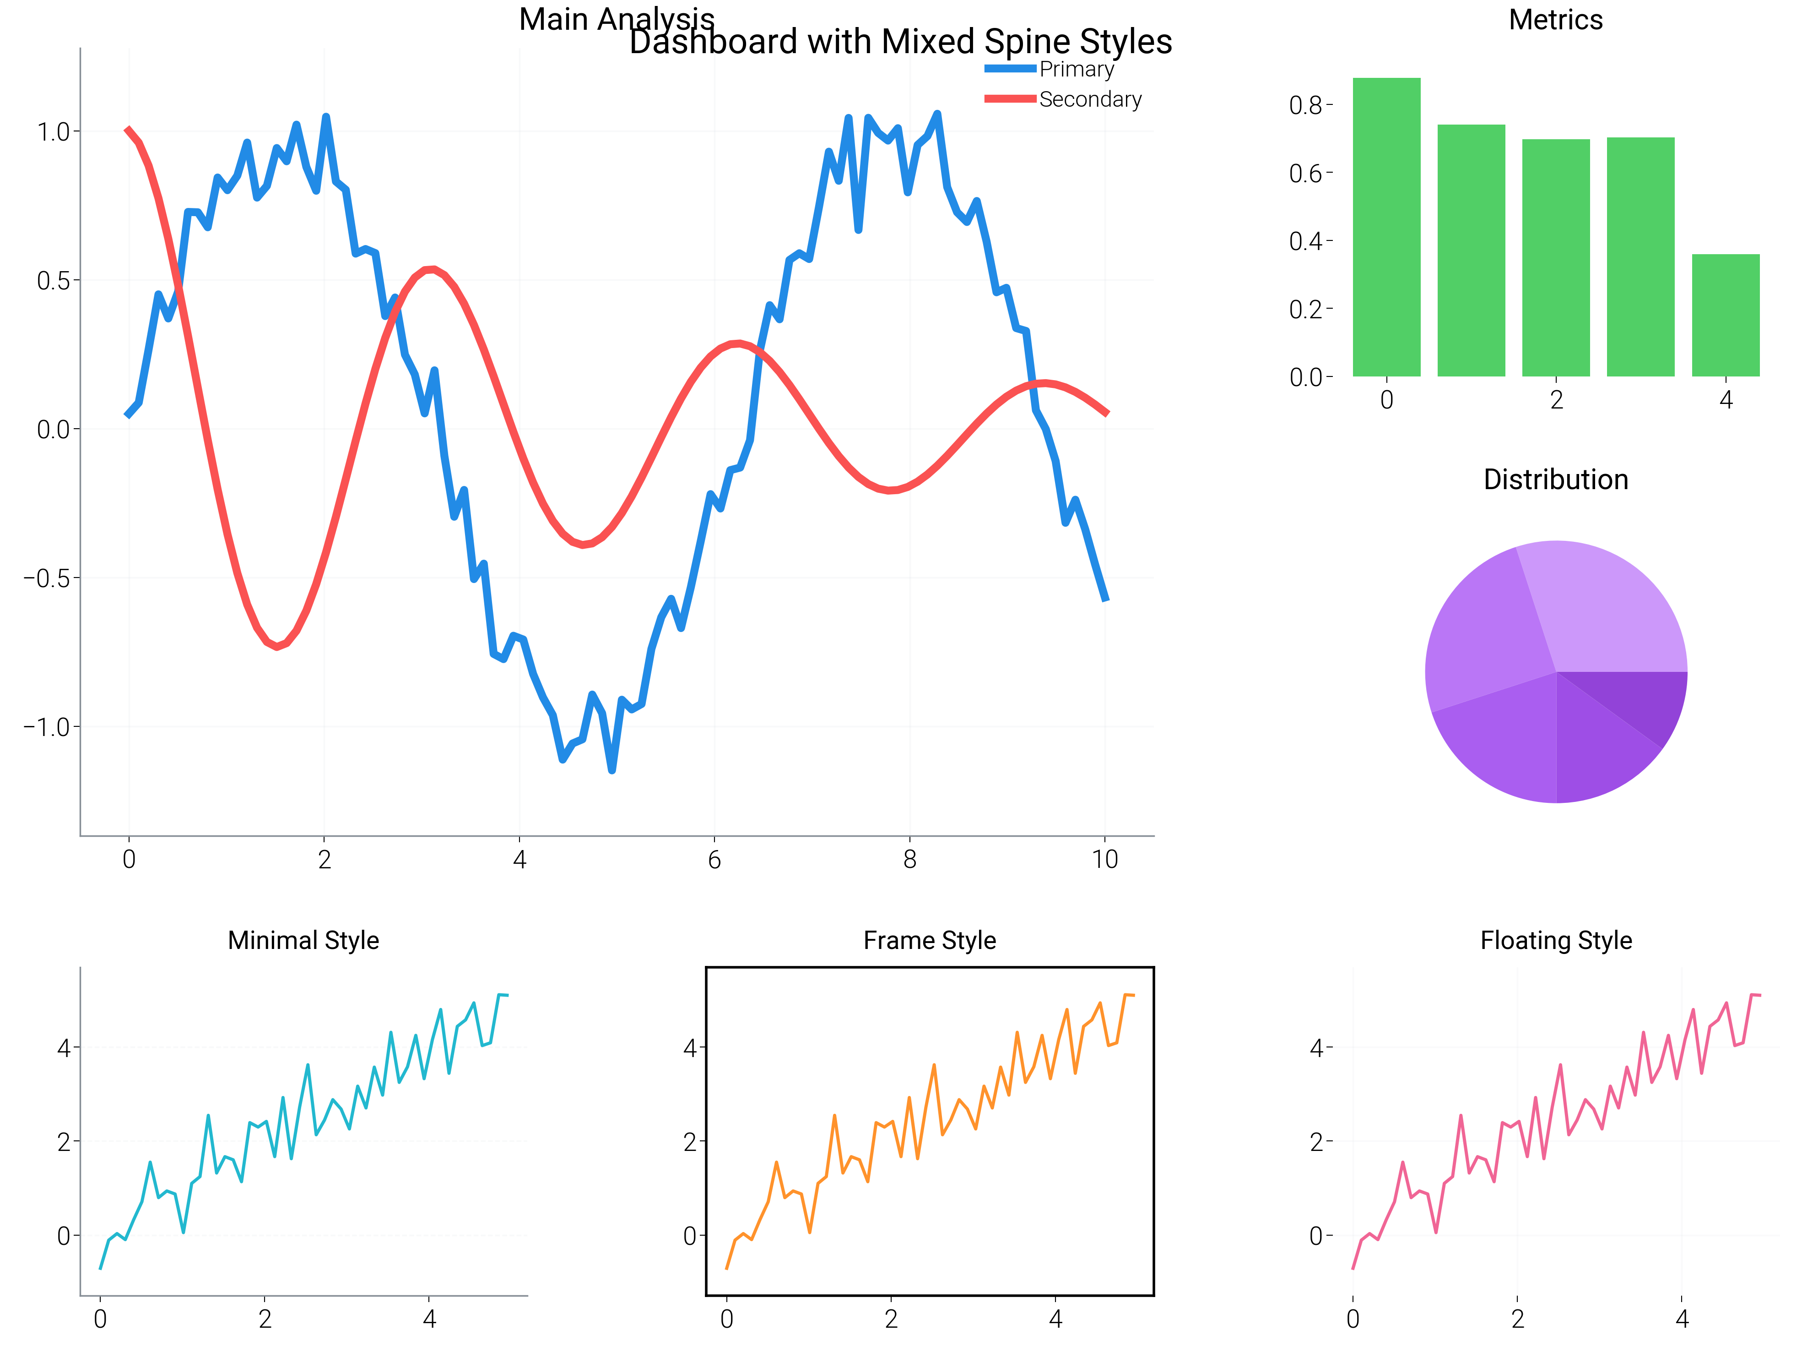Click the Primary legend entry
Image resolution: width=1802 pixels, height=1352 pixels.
click(1075, 69)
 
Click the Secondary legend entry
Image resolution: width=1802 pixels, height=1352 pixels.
click(1089, 99)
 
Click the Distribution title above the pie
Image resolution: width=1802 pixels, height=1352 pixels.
click(1555, 479)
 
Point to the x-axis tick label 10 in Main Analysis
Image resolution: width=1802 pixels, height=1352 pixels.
click(1104, 860)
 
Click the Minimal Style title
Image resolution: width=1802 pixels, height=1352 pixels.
click(303, 940)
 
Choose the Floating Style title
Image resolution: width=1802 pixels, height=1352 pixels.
click(1555, 940)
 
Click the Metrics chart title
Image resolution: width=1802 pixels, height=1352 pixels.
click(1555, 20)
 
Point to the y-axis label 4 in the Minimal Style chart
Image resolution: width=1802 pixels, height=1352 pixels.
click(64, 1048)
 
